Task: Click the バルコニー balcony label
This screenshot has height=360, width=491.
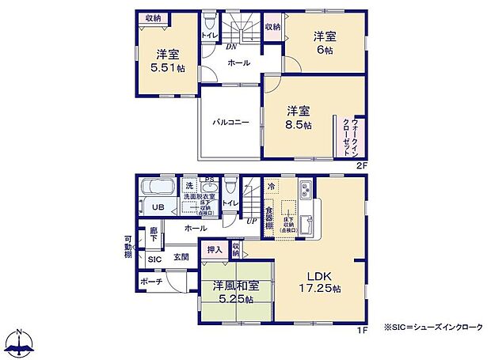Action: tap(230, 123)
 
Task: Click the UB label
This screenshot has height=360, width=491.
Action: tap(158, 208)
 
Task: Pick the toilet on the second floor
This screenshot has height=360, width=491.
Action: tap(208, 21)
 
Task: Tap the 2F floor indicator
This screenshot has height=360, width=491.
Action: tap(360, 165)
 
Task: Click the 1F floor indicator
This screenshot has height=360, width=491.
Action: tap(360, 329)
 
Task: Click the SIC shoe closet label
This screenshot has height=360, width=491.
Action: tap(154, 259)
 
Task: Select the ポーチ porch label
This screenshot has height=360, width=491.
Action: tap(154, 282)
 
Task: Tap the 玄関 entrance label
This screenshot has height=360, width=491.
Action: tap(181, 258)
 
